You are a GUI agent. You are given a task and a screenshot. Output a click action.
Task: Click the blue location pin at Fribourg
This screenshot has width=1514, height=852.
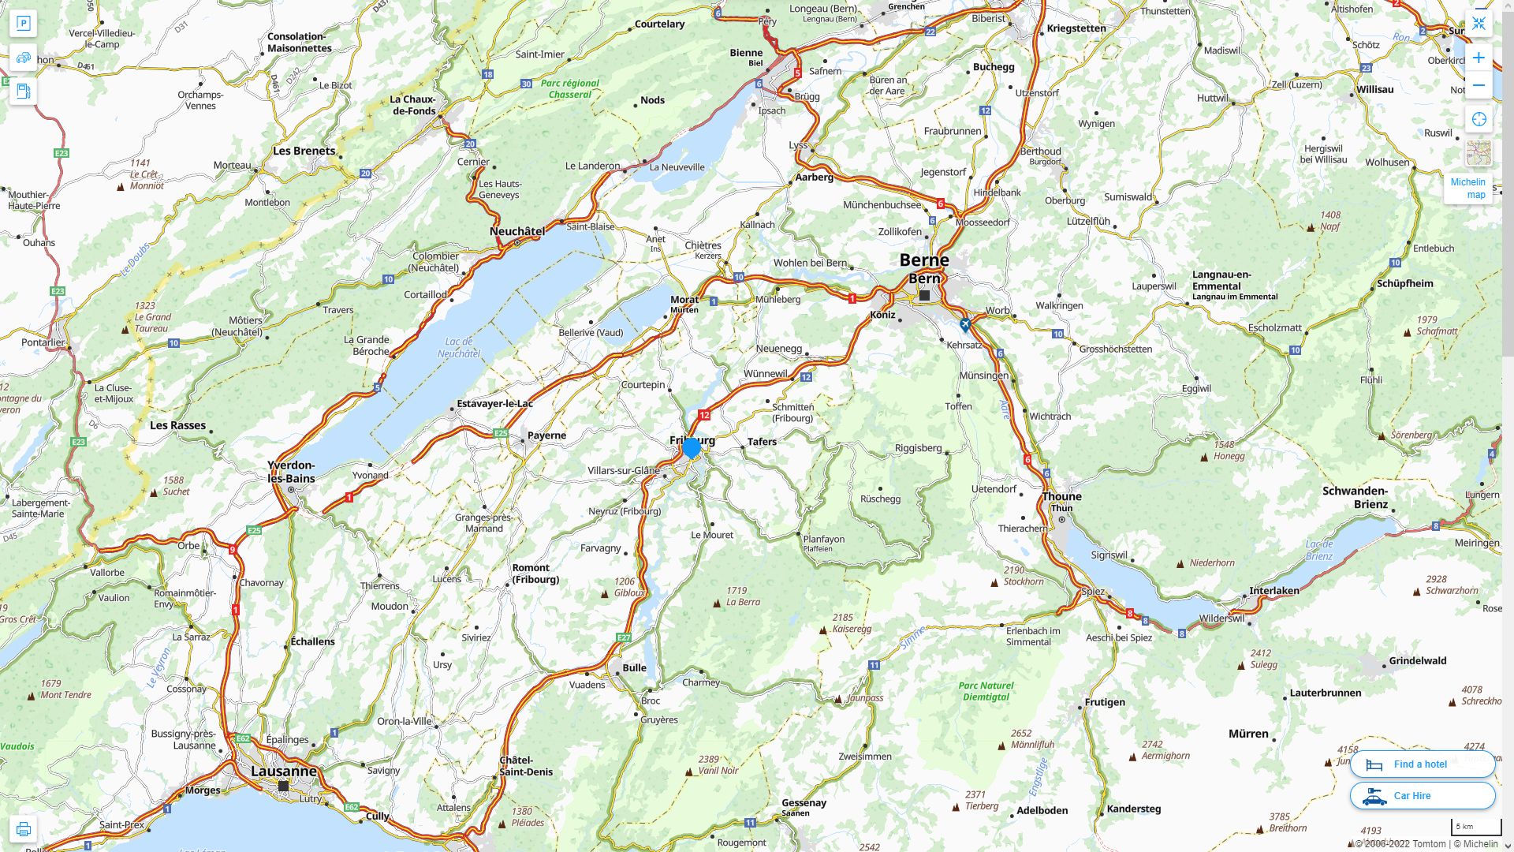click(x=691, y=448)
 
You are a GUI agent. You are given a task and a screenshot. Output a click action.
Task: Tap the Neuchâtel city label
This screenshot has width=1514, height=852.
click(x=516, y=231)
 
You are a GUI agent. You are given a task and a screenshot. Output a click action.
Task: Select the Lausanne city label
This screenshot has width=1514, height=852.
click(x=283, y=771)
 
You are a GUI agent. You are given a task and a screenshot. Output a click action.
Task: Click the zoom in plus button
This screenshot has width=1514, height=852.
click(x=1479, y=58)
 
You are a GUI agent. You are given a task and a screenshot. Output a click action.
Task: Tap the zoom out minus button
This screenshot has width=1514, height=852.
click(x=1479, y=85)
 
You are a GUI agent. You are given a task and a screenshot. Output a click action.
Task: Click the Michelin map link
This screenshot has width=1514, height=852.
click(x=1467, y=188)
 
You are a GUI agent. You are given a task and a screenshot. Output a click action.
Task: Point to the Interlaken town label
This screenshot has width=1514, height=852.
click(x=1273, y=591)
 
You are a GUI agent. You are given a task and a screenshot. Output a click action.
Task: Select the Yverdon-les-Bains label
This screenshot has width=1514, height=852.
click(x=291, y=472)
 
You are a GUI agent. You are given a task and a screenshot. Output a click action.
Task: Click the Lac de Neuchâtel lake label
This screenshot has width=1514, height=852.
click(x=459, y=347)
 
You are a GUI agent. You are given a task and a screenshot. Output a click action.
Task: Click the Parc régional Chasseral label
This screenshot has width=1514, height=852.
click(x=569, y=88)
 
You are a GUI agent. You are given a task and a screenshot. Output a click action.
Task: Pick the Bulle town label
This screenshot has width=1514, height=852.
click(x=634, y=667)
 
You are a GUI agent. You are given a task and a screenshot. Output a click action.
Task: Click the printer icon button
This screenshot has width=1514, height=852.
click(x=23, y=829)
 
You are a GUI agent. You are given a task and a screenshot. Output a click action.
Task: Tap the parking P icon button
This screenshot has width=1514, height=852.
click(x=23, y=24)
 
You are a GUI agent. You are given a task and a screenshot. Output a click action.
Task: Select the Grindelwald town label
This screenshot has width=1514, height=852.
click(x=1417, y=661)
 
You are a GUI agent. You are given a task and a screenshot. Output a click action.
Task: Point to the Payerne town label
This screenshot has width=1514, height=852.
click(x=546, y=435)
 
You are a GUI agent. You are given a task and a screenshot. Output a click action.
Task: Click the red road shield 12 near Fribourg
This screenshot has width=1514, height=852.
click(x=704, y=415)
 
